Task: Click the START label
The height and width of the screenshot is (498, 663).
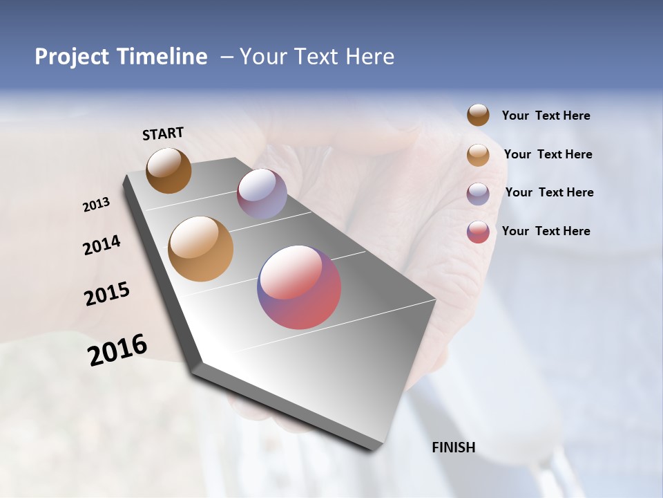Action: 163,133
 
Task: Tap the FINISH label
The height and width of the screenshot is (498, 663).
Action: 453,448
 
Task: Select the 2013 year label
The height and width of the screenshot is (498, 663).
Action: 96,205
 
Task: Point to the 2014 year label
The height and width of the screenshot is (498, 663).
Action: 102,246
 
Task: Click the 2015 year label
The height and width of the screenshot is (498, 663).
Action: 107,294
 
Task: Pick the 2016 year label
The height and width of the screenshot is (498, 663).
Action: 117,350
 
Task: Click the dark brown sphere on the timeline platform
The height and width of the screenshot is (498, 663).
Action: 169,170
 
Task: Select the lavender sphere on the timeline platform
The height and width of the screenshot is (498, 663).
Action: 262,194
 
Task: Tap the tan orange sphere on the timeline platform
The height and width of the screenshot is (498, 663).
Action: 201,249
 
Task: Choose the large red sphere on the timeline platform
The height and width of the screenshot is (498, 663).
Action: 299,287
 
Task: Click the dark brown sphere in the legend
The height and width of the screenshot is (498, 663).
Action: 478,115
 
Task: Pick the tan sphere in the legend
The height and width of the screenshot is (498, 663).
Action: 478,155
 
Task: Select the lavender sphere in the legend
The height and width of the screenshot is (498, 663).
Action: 478,194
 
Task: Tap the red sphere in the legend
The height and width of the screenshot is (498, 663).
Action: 478,232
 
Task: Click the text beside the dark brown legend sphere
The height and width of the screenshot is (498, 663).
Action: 546,116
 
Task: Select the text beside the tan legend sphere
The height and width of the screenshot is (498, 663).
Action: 548,154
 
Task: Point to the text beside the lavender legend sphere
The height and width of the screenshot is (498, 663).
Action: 549,192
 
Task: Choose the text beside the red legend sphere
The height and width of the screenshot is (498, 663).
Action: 546,231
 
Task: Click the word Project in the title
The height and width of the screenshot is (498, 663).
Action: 73,57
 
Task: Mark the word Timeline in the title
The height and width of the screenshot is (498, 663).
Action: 162,57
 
